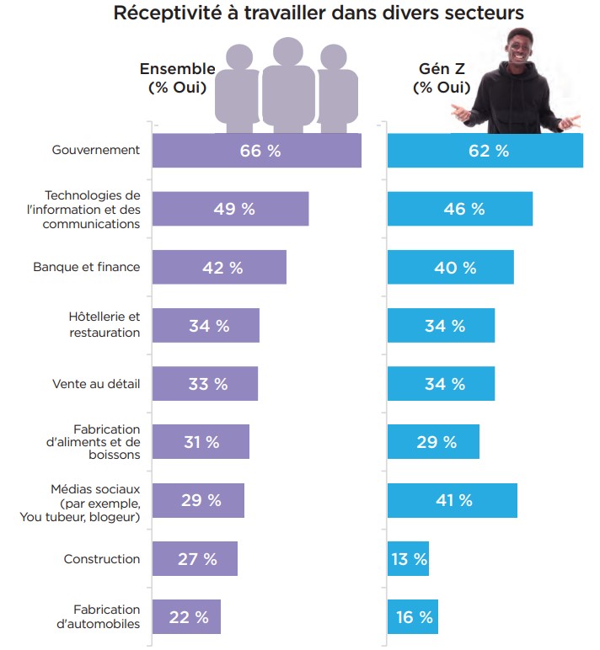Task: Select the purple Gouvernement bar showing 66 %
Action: tap(256, 151)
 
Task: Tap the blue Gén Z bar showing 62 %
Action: tap(485, 151)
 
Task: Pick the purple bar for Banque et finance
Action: tap(219, 267)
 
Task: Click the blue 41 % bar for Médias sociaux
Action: tap(453, 500)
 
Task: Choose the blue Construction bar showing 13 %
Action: tap(408, 559)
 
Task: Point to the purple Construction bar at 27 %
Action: tap(195, 559)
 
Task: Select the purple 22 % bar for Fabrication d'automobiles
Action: tap(186, 617)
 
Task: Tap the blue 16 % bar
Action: tap(413, 617)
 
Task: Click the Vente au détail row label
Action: tap(96, 384)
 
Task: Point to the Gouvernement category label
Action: tap(95, 151)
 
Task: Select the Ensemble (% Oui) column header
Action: tap(177, 77)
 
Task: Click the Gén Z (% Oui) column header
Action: tap(439, 77)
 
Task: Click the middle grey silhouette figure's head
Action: tap(287, 53)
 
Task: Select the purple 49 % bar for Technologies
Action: tap(230, 209)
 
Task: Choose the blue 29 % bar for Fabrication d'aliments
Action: tap(433, 442)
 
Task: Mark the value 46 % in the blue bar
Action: tap(464, 209)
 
